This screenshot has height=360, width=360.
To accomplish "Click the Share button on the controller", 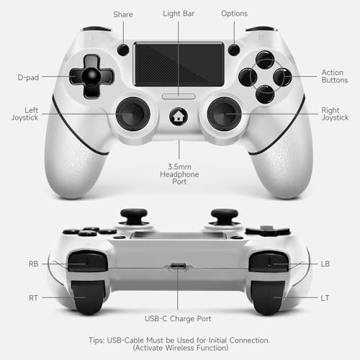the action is point(123,50).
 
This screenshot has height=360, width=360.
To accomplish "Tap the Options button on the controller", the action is point(234,50).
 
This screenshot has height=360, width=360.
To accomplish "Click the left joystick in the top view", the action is point(133,114).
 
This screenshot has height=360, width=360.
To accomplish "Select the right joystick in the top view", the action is point(224,114).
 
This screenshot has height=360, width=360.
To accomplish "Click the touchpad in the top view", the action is point(179,64).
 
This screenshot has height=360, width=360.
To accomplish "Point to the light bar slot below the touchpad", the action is point(179,96).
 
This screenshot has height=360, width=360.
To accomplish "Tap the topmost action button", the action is point(265,60).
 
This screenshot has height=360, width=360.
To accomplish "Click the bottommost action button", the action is point(265,94).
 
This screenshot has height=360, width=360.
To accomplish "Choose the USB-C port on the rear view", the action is point(178,266).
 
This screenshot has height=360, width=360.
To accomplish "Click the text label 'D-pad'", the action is point(28,78).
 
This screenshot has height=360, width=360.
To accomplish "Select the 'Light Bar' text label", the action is point(179,14).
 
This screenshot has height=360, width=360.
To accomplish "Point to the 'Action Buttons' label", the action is point(335,76).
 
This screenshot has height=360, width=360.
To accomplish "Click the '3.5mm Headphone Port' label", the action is point(179,174).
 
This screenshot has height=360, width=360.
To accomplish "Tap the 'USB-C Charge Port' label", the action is point(178,319).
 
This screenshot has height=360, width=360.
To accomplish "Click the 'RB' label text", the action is point(34,264).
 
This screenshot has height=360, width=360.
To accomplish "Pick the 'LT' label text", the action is point(325,298).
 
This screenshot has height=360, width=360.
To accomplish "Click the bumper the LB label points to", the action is point(269,261).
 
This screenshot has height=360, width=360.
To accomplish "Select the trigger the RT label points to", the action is point(89,297).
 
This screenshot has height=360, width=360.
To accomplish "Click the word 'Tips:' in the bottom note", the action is point(96,341).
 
